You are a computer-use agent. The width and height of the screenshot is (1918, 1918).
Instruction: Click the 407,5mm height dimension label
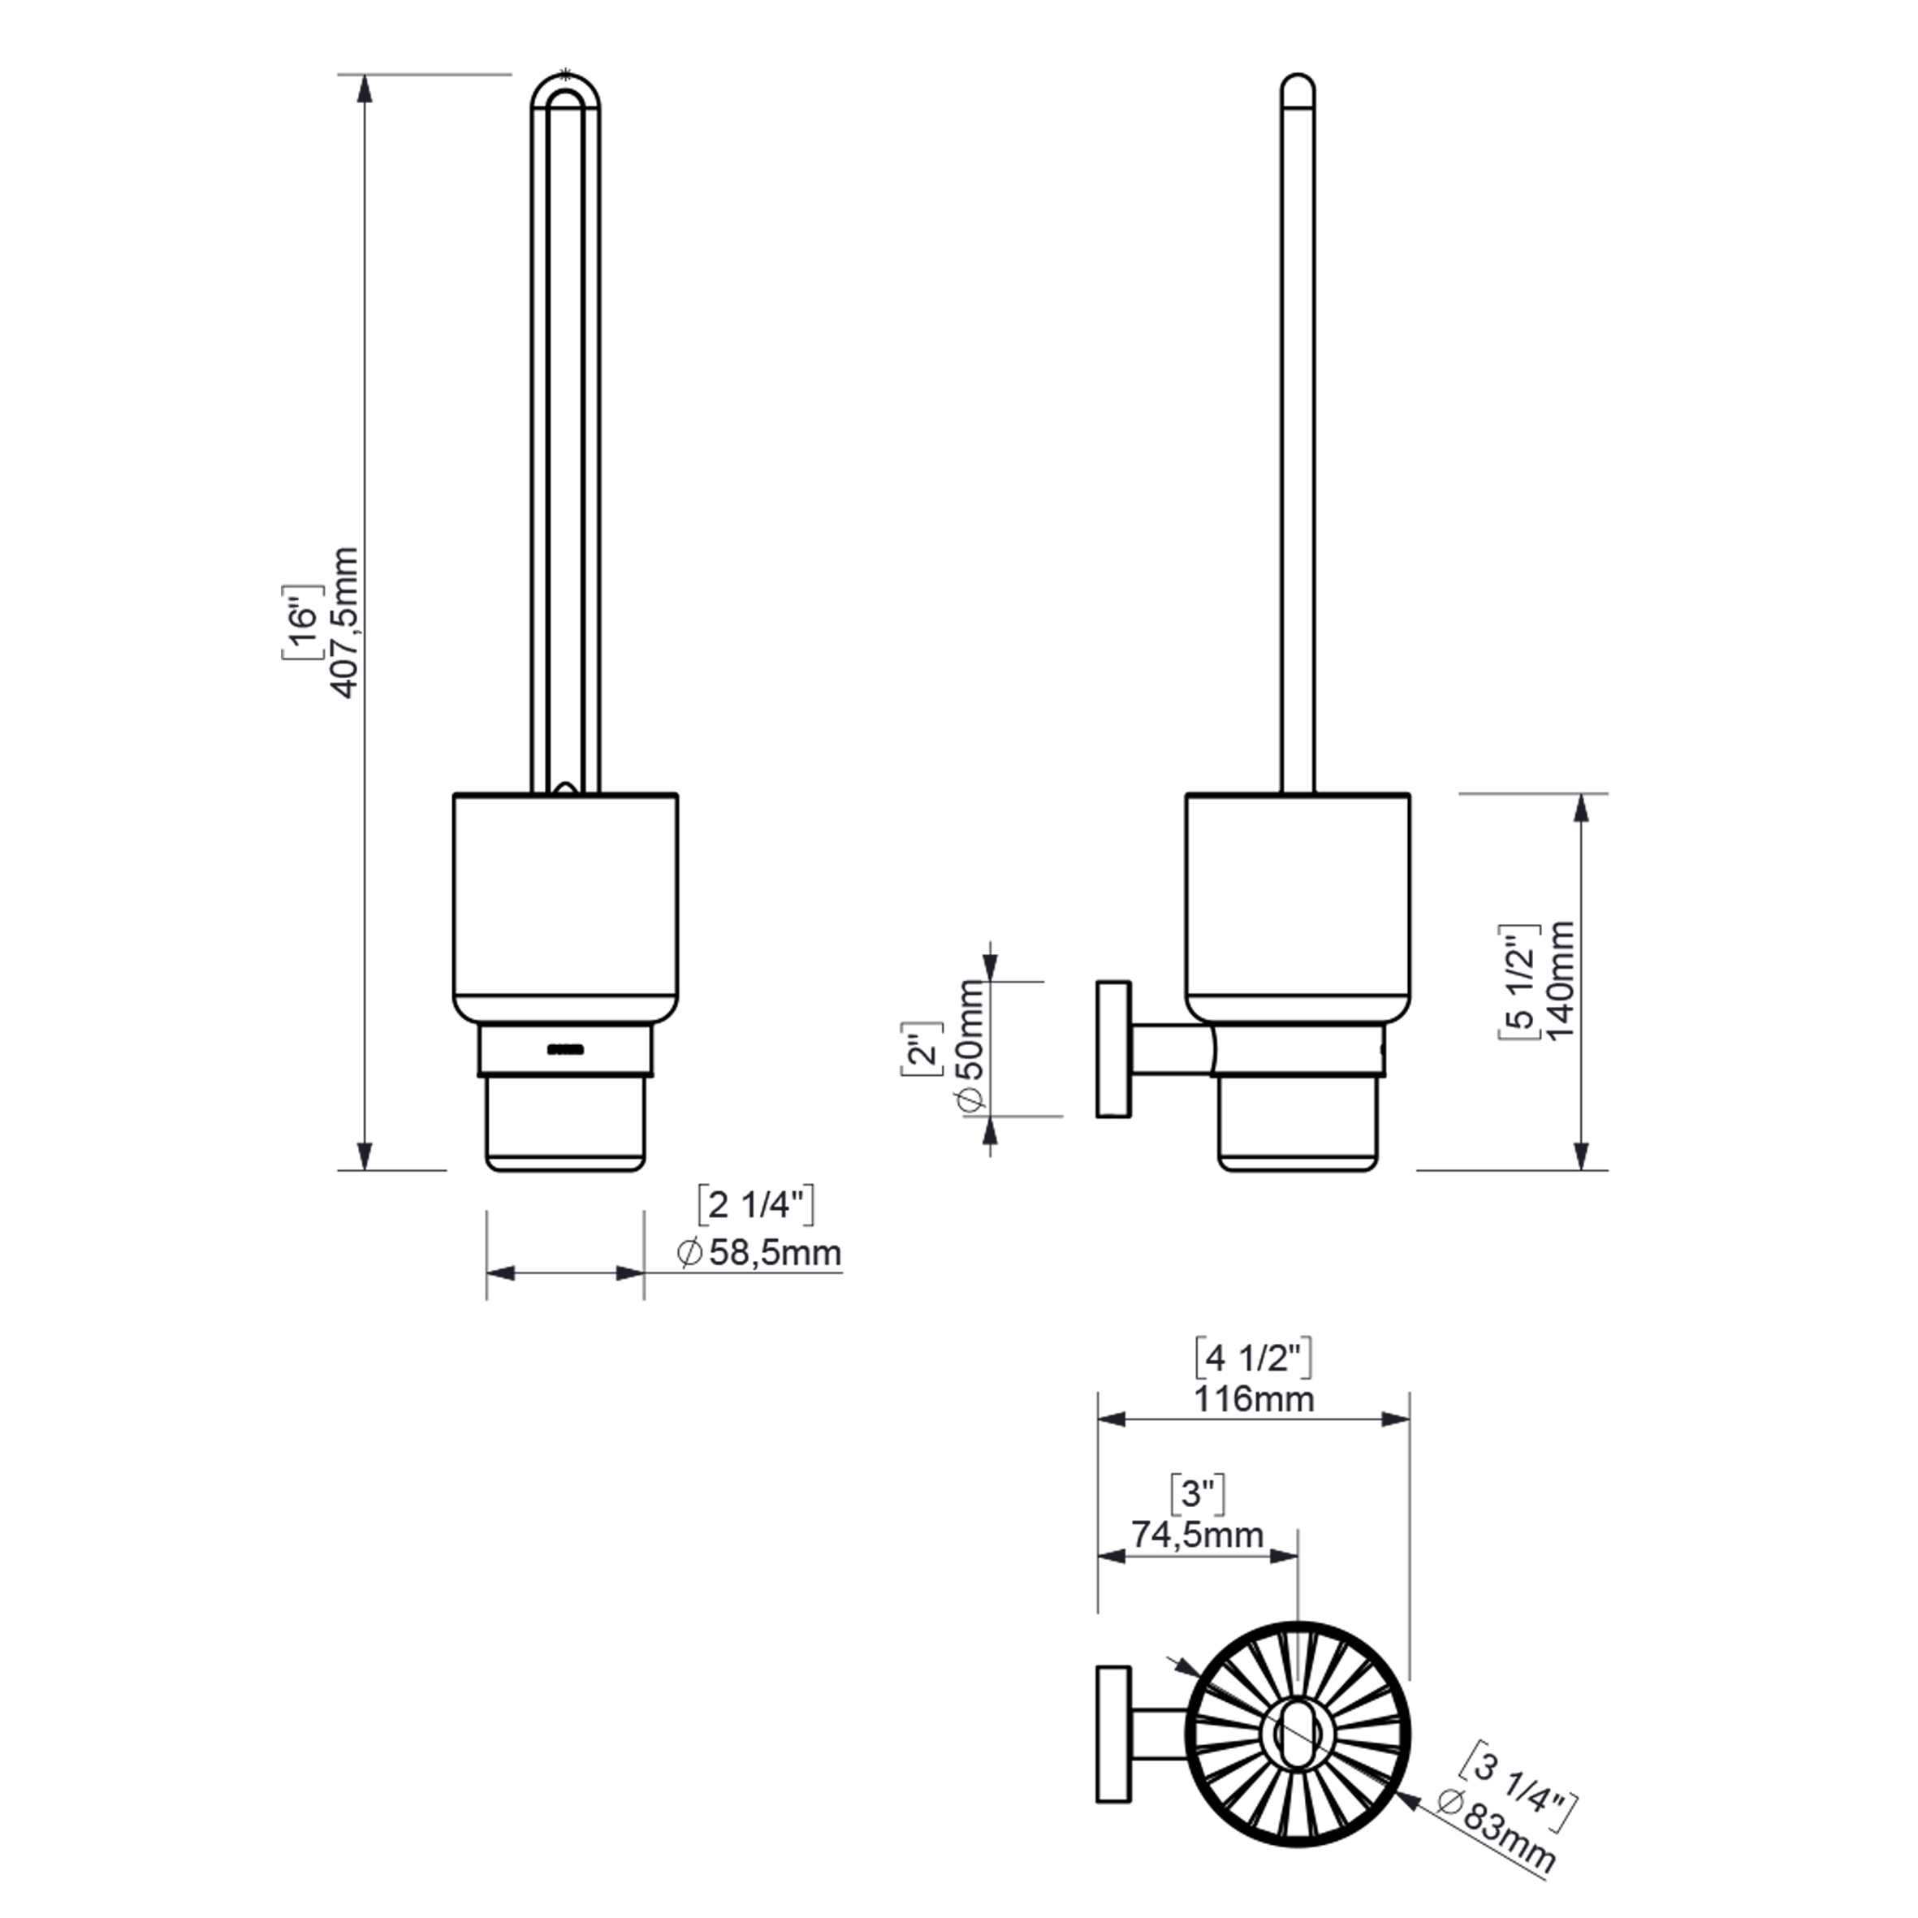point(343,623)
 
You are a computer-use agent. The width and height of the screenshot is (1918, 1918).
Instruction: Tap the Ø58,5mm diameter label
point(760,1253)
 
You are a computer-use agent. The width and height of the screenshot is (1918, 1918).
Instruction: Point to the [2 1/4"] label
point(757,1205)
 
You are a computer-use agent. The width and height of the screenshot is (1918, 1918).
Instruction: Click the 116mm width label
point(1254,1399)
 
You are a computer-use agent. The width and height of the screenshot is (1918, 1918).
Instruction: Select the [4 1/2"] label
point(1253,1357)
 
